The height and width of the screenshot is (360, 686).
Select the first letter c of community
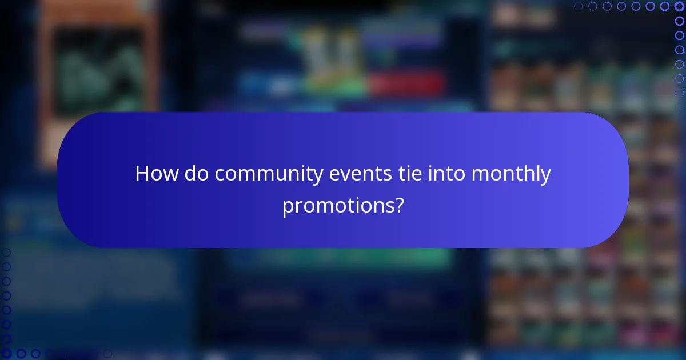point(220,175)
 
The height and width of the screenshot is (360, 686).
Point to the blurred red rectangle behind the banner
point(406,85)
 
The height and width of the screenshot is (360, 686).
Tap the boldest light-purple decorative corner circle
point(679,6)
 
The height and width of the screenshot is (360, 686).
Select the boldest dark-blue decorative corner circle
point(6,354)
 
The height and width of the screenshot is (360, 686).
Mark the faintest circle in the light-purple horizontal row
point(579,6)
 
